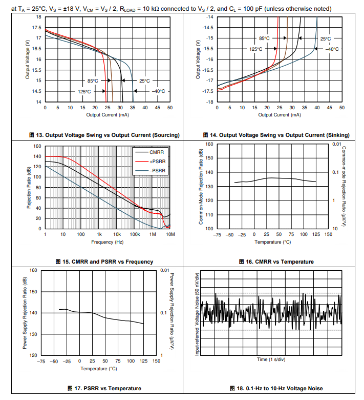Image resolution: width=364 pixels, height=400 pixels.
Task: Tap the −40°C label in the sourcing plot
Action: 159,91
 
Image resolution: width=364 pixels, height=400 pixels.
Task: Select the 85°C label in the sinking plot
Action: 264,38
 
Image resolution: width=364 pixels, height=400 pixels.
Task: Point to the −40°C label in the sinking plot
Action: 332,49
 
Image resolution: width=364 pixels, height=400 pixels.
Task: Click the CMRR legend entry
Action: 157,152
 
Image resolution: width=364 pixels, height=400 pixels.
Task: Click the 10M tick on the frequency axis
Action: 170,234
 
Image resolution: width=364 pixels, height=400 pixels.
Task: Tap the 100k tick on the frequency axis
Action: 135,234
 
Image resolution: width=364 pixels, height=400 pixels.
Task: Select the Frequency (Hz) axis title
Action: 108,242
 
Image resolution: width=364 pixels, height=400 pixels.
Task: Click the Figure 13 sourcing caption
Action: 104,135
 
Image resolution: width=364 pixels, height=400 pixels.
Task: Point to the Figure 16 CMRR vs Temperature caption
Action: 276,262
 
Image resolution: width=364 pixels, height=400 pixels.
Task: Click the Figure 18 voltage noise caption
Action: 276,388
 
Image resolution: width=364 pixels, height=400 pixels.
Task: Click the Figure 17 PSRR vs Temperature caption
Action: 104,388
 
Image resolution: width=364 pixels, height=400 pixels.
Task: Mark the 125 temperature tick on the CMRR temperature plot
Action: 316,234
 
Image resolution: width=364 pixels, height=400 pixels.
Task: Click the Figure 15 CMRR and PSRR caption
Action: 104,262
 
